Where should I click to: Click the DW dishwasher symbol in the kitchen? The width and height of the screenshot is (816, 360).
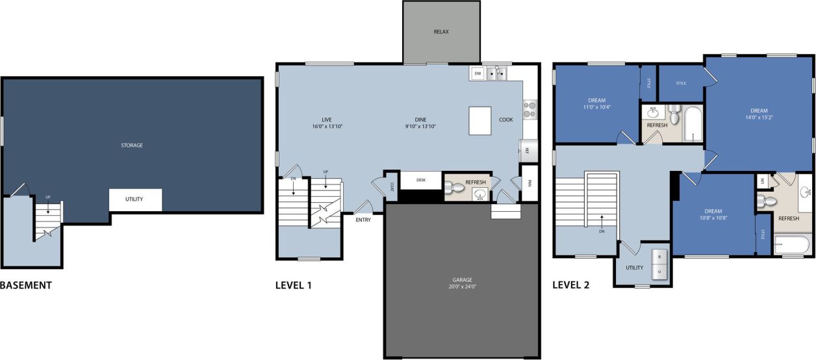click(478, 73)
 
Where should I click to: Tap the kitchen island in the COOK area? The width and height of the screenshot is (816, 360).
click(480, 121)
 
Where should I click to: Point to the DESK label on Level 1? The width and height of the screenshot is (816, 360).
click(420, 180)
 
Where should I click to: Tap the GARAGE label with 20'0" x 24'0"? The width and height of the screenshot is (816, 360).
click(462, 283)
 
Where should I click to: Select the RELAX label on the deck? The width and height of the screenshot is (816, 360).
click(441, 31)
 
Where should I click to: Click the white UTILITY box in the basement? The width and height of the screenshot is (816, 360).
click(134, 199)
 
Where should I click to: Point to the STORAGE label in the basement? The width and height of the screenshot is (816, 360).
click(132, 145)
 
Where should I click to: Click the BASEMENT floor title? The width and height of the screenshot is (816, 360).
click(25, 285)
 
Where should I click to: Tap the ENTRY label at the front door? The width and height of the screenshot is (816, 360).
click(363, 220)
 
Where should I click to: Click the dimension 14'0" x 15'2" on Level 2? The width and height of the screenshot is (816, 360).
click(759, 118)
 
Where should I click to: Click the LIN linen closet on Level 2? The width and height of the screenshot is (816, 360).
click(761, 182)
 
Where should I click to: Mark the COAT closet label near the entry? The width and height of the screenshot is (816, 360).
click(392, 185)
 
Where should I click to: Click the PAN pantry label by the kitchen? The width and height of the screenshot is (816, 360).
click(529, 183)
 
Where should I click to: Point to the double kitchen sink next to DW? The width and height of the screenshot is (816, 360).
click(497, 73)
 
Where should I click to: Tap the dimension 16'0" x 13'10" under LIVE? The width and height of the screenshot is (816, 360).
click(327, 127)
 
